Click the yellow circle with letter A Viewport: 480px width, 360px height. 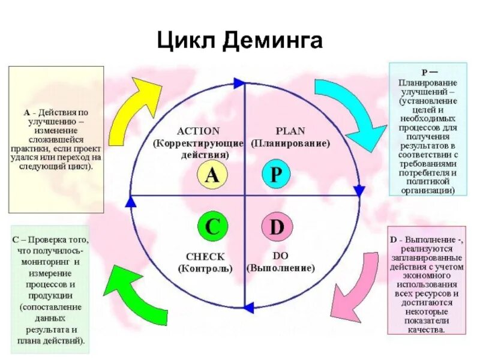(212, 175)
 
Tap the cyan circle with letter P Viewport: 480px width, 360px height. (277, 175)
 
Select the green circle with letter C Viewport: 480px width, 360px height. (212, 227)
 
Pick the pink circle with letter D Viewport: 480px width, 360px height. (277, 227)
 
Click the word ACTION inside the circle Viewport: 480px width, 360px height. (199, 130)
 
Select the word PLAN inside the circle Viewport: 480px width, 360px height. (290, 130)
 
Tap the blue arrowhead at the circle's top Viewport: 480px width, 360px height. (239, 83)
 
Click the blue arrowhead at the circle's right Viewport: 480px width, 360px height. (359, 191)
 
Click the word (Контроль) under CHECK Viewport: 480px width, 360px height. (205, 268)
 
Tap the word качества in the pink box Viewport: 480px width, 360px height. (427, 329)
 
